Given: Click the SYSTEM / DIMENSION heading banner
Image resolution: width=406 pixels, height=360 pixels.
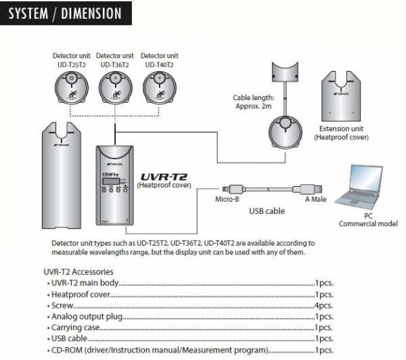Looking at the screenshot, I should [x=65, y=13].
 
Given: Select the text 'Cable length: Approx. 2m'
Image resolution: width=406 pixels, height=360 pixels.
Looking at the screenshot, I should [x=254, y=102].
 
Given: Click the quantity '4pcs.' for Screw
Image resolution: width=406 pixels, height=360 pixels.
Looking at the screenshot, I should [x=324, y=305].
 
